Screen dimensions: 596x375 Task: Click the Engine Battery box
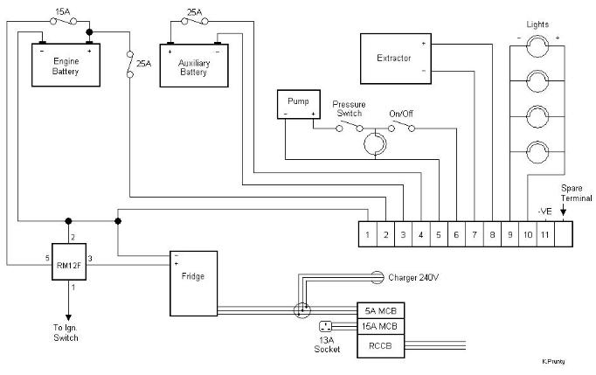66,65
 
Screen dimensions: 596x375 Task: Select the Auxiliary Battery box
194,66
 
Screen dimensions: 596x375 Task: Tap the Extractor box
396,59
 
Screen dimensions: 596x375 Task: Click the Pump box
299,104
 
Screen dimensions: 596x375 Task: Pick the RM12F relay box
69,261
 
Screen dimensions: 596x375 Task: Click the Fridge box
193,283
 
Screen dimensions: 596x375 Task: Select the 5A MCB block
380,310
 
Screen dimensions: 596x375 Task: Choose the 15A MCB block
380,327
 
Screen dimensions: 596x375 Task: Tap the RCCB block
380,346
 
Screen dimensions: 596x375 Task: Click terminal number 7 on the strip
475,234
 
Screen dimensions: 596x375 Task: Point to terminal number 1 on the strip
368,234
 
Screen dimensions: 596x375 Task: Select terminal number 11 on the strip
545,234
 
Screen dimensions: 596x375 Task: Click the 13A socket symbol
325,326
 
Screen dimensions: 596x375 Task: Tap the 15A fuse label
63,11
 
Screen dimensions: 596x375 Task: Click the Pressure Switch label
349,108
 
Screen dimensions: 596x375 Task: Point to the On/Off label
401,114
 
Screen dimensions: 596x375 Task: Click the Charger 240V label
413,278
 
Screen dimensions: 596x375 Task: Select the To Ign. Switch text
66,333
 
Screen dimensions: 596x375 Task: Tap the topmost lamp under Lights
537,46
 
